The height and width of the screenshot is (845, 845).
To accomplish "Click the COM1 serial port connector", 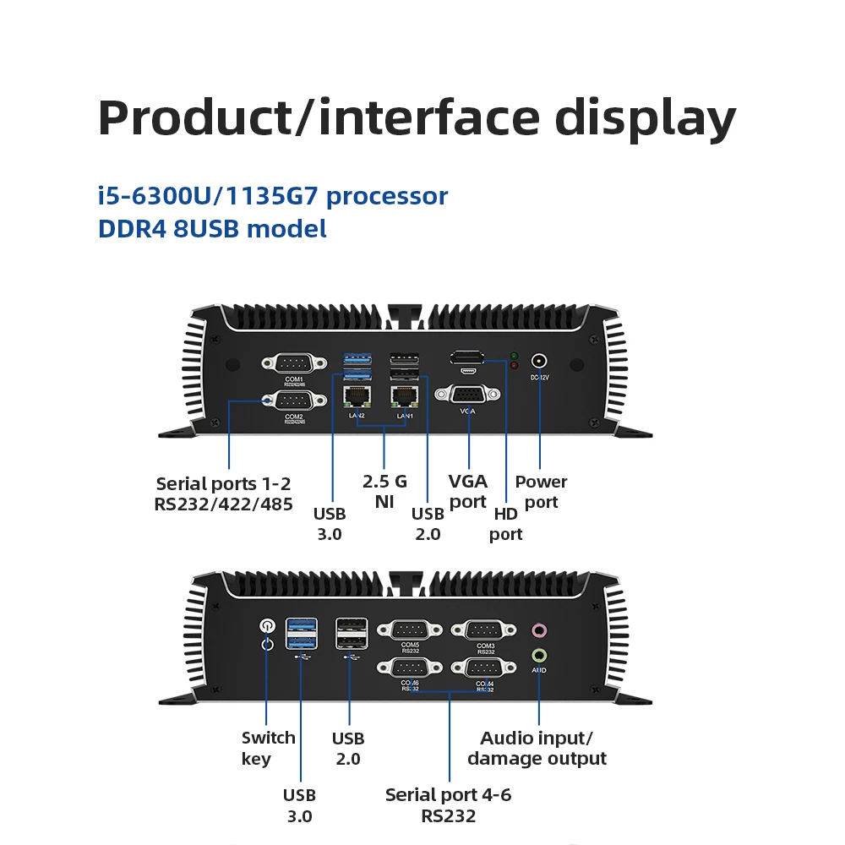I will [x=293, y=363].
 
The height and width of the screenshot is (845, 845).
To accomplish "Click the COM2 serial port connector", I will [x=293, y=401].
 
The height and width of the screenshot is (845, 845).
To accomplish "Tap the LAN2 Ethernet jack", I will [x=357, y=396].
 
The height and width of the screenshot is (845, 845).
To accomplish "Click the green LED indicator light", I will [x=514, y=356].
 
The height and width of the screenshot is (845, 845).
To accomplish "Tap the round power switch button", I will [x=267, y=626].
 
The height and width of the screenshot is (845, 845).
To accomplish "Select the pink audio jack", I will [x=538, y=630].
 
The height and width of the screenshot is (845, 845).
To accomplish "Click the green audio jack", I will [x=538, y=654].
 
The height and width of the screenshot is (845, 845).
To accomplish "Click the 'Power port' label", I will [x=541, y=492].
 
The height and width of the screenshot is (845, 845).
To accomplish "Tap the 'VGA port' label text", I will [x=467, y=492].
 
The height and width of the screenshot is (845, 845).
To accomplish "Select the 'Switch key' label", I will [x=268, y=748].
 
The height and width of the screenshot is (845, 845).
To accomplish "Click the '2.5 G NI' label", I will [x=384, y=492].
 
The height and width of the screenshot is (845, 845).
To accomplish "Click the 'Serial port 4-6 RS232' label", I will [x=448, y=805].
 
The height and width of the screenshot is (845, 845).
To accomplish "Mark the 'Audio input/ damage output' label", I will [x=537, y=748].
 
